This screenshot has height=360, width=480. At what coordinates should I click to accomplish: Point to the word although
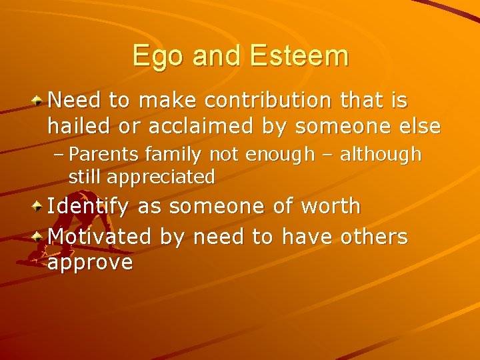point(381,155)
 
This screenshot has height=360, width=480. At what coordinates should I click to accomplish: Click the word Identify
point(88,207)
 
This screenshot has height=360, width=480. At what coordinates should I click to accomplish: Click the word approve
point(90,263)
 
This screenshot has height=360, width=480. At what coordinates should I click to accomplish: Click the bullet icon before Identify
point(39,207)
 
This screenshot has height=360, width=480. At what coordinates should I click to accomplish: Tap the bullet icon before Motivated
point(39,237)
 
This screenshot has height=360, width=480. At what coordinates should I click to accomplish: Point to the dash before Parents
point(59,155)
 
